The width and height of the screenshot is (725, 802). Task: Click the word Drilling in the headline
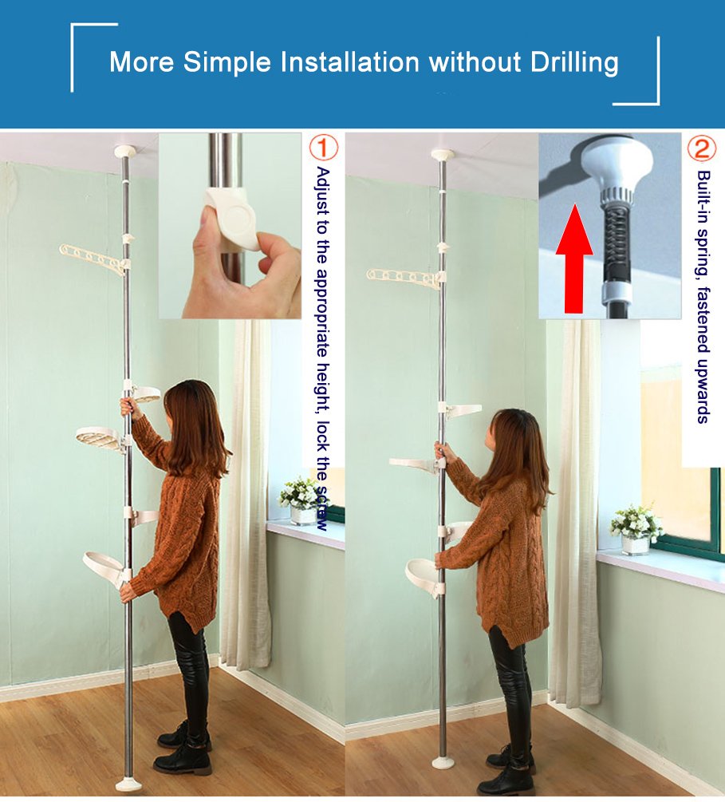point(574,63)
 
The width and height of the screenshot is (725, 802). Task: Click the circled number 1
point(324,148)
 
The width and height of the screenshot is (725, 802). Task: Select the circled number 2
point(702,148)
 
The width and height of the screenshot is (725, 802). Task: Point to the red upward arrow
point(574,259)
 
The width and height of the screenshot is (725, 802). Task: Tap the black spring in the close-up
point(615,239)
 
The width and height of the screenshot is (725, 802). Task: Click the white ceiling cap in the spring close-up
point(617,164)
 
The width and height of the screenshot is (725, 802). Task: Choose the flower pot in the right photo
point(636,545)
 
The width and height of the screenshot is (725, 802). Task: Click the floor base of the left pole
point(128,784)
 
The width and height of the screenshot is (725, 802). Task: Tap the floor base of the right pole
point(443,763)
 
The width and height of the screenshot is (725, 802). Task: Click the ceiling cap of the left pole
point(124,152)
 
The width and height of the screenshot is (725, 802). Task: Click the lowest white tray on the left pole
point(104,567)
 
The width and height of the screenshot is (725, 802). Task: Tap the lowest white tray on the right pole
point(424,575)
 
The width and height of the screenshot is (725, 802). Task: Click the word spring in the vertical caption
point(704,247)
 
